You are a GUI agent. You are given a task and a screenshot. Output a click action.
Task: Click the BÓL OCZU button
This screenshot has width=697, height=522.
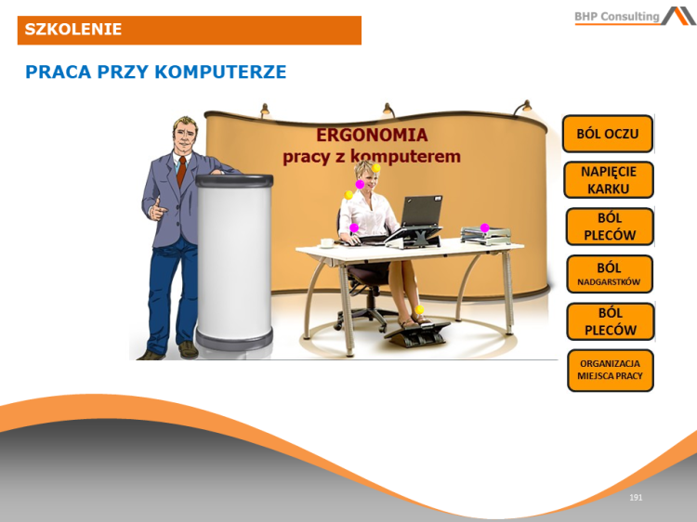click(x=608, y=134)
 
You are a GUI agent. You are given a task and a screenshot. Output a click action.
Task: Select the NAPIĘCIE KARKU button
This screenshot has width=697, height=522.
click(x=609, y=180)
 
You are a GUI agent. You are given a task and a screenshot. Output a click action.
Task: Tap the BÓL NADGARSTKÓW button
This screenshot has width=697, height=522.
click(x=610, y=274)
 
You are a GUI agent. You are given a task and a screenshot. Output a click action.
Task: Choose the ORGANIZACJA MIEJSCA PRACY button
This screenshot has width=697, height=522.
click(x=610, y=370)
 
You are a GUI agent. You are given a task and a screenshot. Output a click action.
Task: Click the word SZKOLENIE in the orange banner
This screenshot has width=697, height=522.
click(x=73, y=30)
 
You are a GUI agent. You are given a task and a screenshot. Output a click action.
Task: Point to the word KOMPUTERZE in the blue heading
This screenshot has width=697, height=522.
click(x=222, y=72)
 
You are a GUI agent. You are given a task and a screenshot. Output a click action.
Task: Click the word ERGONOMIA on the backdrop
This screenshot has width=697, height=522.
click(x=372, y=136)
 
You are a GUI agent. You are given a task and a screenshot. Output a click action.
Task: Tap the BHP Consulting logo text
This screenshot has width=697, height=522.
click(x=616, y=16)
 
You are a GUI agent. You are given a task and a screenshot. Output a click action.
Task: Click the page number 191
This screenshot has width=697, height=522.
click(x=636, y=498)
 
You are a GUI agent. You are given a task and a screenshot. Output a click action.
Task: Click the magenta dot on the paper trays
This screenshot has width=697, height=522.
click(x=484, y=228)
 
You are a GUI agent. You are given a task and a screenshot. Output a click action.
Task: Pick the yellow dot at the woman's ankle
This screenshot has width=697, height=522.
click(x=419, y=309)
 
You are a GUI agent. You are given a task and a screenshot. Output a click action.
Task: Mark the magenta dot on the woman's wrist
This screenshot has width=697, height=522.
click(x=353, y=228)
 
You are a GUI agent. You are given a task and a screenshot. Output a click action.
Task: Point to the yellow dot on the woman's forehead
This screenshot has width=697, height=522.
click(x=376, y=169)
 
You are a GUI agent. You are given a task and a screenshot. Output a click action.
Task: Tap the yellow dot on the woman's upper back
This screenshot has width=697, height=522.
click(x=349, y=195)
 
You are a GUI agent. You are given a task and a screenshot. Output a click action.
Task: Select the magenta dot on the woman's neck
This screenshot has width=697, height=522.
click(x=360, y=184)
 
